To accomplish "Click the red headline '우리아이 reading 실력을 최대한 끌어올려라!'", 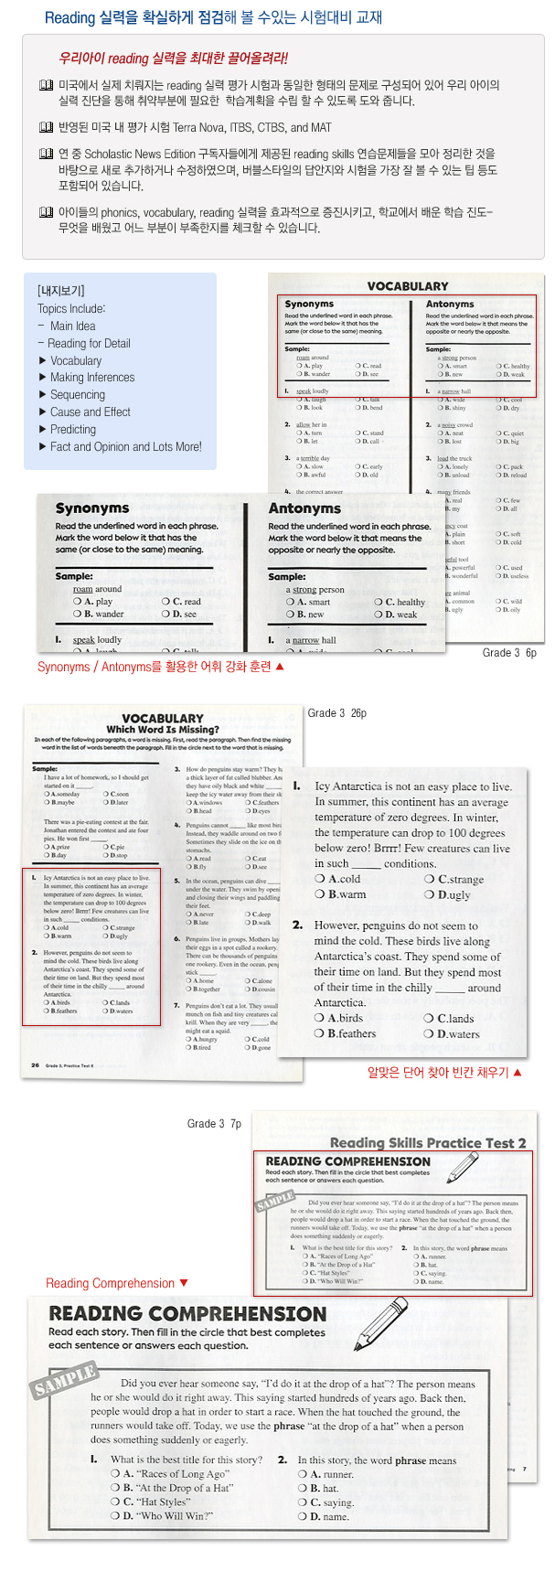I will [x=173, y=58].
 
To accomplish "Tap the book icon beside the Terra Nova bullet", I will [x=46, y=128].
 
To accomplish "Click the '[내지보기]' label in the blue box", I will [x=61, y=291].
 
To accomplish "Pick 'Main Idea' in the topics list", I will [x=72, y=326].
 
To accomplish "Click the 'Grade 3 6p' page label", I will [x=509, y=653].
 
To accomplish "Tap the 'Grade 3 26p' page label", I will [x=337, y=713].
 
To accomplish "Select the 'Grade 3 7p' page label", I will [x=215, y=1123].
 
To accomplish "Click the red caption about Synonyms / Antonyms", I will [x=160, y=667].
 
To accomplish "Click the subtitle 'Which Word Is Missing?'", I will [x=163, y=730].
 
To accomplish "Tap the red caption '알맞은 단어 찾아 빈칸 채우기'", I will [x=444, y=1072].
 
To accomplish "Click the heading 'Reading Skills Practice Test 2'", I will [x=428, y=1142].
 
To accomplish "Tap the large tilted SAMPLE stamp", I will [x=65, y=1380].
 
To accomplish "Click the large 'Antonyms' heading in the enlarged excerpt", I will [x=304, y=508].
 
